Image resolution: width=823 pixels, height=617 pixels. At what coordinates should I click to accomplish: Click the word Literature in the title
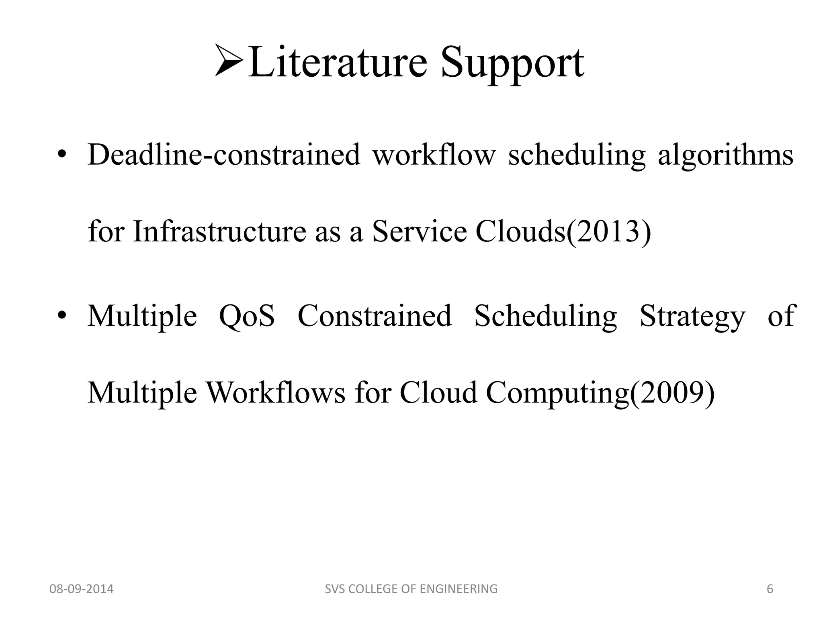pyautogui.click(x=338, y=62)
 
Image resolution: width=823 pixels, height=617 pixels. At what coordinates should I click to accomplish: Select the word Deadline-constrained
pyautogui.click(x=223, y=155)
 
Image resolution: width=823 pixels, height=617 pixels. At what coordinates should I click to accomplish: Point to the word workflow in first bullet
pyautogui.click(x=434, y=155)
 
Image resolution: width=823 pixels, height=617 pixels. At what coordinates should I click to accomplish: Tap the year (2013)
pyautogui.click(x=608, y=232)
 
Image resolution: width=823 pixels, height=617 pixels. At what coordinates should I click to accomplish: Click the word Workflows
pyautogui.click(x=276, y=392)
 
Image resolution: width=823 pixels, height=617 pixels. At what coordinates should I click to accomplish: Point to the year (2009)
pyautogui.click(x=672, y=393)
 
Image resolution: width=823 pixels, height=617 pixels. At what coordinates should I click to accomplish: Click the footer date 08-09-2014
pyautogui.click(x=81, y=589)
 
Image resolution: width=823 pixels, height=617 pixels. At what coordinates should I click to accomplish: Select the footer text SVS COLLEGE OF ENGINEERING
pyautogui.click(x=411, y=589)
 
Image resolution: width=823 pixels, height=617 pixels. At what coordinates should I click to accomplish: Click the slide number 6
pyautogui.click(x=770, y=589)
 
